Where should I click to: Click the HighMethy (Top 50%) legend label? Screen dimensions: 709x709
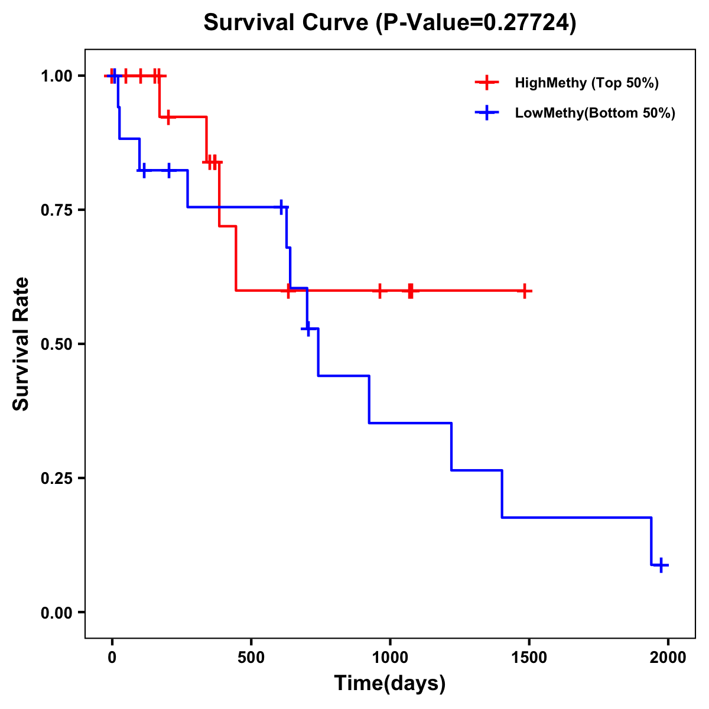point(587,83)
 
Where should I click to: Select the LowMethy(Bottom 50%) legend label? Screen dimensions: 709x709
point(595,113)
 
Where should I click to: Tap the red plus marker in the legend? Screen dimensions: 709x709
point(486,83)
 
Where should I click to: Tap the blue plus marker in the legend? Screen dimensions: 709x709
point(486,113)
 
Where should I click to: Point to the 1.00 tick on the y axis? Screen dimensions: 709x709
point(56,76)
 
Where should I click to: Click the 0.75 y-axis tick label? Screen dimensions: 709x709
point(56,210)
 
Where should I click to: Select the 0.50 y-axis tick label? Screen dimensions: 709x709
point(56,344)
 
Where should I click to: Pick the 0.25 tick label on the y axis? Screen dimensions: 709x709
point(56,479)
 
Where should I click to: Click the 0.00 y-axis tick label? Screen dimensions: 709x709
point(56,613)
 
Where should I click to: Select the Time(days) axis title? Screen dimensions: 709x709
point(390,684)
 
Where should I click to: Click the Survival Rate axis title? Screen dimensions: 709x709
point(21,344)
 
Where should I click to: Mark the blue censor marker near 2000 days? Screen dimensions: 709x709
point(662,565)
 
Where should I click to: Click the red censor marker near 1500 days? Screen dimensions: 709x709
point(524,291)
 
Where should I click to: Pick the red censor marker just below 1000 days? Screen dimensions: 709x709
point(379,291)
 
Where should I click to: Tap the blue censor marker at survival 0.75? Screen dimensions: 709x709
point(282,207)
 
